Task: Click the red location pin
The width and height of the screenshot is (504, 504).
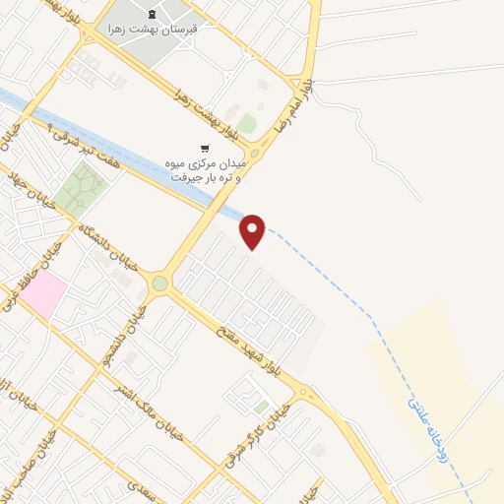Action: [253, 231]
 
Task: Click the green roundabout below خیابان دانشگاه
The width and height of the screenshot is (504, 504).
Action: [159, 283]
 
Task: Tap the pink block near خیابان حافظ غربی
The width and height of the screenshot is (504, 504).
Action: [45, 295]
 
